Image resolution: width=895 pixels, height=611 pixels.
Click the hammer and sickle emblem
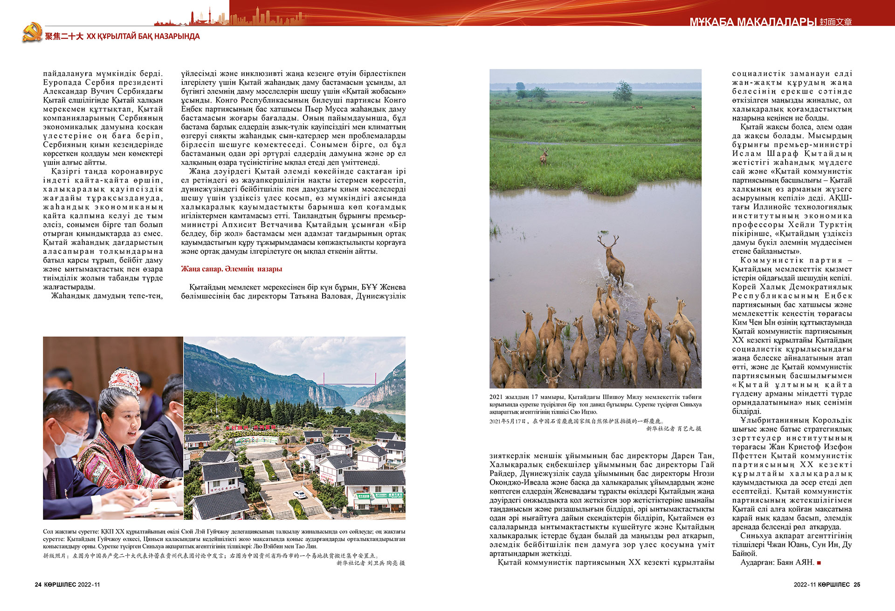tap(32, 33)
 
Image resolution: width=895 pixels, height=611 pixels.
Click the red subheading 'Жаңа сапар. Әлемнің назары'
tap(231, 269)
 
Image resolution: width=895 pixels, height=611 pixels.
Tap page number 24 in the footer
tap(38, 584)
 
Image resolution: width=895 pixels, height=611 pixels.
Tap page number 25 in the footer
tap(857, 584)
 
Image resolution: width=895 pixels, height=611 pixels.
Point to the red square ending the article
tap(819, 563)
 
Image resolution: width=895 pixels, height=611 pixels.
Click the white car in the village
tap(299, 495)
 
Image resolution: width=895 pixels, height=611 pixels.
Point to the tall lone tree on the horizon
tap(622, 90)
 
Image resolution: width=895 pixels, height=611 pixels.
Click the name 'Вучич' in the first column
tap(102, 91)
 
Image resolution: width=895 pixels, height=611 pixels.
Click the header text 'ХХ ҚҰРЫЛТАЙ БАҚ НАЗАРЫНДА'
tap(143, 36)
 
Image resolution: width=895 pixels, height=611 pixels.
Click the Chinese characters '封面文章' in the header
tap(836, 22)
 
